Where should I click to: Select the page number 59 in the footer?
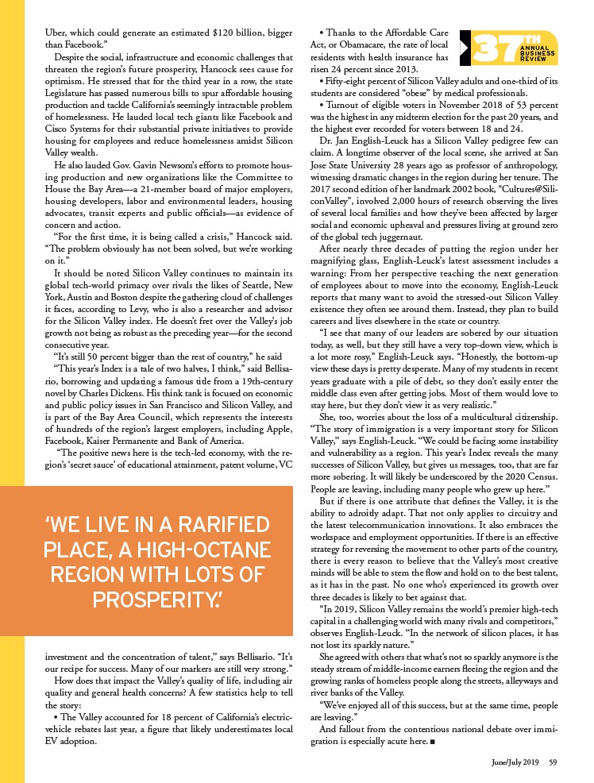click(x=553, y=762)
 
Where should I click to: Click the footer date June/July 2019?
click(x=514, y=762)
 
